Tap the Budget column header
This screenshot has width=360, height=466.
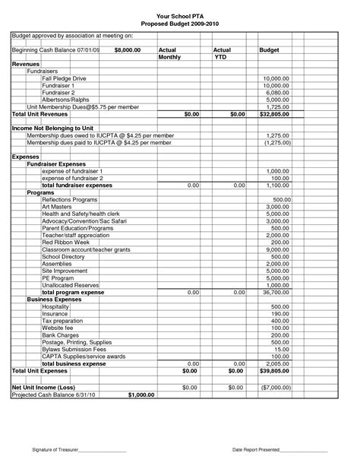click(x=269, y=49)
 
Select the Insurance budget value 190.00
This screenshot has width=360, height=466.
click(x=281, y=313)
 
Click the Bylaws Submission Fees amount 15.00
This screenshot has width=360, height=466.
click(x=283, y=349)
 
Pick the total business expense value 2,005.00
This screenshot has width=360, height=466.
click(x=277, y=363)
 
